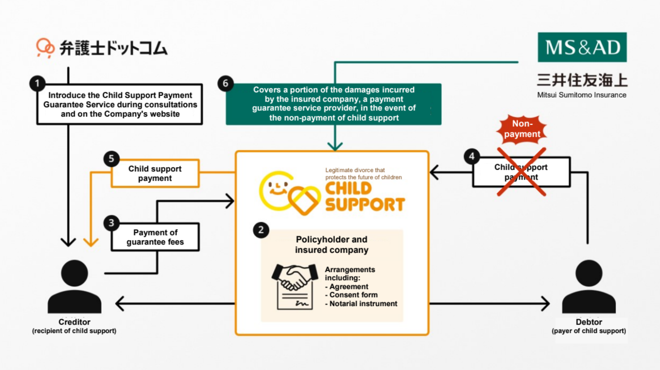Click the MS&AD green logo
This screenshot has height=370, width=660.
tap(582, 47)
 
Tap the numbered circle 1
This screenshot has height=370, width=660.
tap(37, 83)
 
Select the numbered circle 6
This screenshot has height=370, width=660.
tap(225, 83)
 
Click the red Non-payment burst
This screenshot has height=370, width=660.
tap(522, 129)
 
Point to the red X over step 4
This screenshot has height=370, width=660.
tap(521, 172)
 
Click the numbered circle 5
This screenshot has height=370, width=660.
tap(111, 159)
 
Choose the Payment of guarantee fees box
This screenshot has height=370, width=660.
tap(155, 237)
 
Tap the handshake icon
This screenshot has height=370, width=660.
tap(294, 277)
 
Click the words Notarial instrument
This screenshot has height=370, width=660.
tap(363, 304)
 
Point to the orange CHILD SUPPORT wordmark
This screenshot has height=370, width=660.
tap(364, 197)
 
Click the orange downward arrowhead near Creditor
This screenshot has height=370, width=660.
tap(91, 242)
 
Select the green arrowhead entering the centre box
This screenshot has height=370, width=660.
tap(335, 146)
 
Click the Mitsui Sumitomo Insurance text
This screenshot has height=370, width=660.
tap(582, 95)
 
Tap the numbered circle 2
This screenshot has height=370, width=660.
tap(261, 230)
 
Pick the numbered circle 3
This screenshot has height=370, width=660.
tap(111, 223)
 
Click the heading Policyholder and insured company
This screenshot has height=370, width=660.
tap(332, 245)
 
